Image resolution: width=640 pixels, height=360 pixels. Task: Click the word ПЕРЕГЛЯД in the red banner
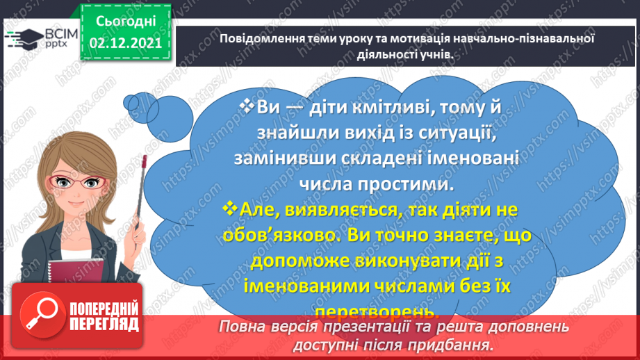104,323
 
